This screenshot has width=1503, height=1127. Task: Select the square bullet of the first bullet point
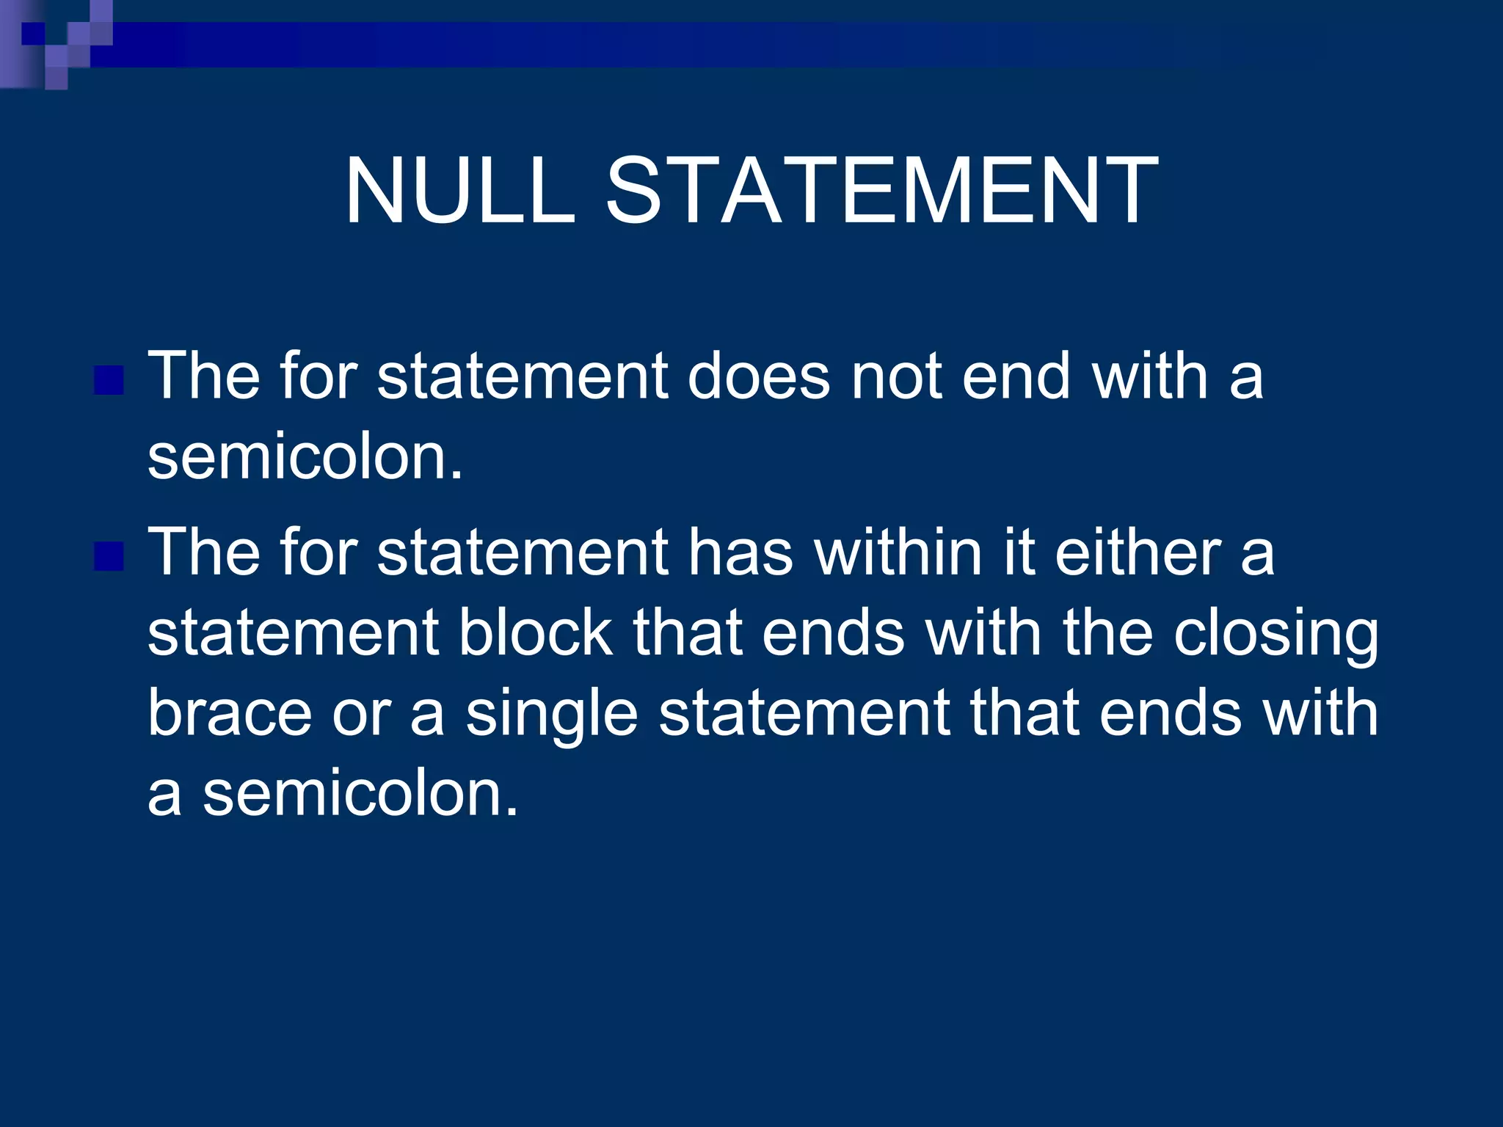[x=109, y=380]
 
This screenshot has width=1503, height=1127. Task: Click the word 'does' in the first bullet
[x=759, y=376]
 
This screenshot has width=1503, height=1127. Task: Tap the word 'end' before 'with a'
[x=1016, y=376]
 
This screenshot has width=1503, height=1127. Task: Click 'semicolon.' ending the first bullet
[x=305, y=457]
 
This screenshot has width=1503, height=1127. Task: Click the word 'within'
[x=898, y=552]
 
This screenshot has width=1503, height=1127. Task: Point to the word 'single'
[x=551, y=715]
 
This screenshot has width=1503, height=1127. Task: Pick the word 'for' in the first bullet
[x=318, y=376]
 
